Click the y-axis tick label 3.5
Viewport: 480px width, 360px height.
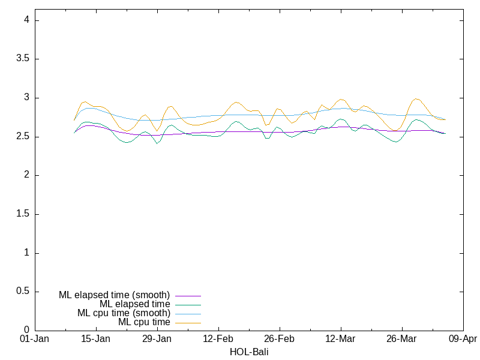(x=23, y=59)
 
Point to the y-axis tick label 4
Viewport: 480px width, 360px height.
(x=26, y=20)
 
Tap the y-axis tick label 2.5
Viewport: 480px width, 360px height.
(x=23, y=137)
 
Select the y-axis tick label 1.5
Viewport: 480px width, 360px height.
(x=23, y=214)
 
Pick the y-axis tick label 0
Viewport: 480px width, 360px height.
(x=26, y=330)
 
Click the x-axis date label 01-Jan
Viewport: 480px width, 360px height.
(x=35, y=339)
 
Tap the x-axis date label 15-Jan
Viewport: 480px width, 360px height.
(x=96, y=339)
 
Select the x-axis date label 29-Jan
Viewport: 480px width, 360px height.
(x=157, y=339)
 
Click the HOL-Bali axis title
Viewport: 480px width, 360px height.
(x=249, y=352)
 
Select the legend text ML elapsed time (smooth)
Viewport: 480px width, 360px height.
(x=115, y=295)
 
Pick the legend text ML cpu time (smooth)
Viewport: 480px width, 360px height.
(x=124, y=313)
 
